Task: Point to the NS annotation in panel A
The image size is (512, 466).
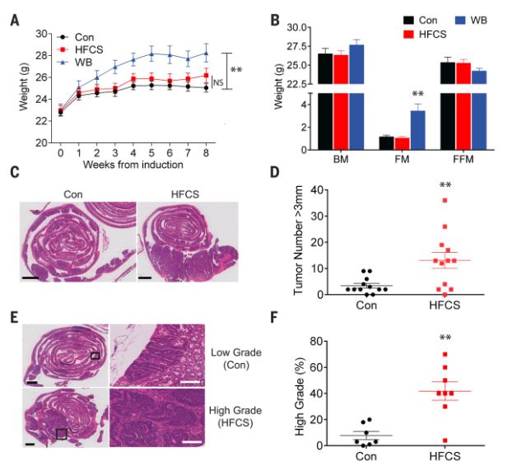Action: (x=218, y=82)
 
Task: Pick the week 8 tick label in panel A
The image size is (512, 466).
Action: (x=206, y=153)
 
